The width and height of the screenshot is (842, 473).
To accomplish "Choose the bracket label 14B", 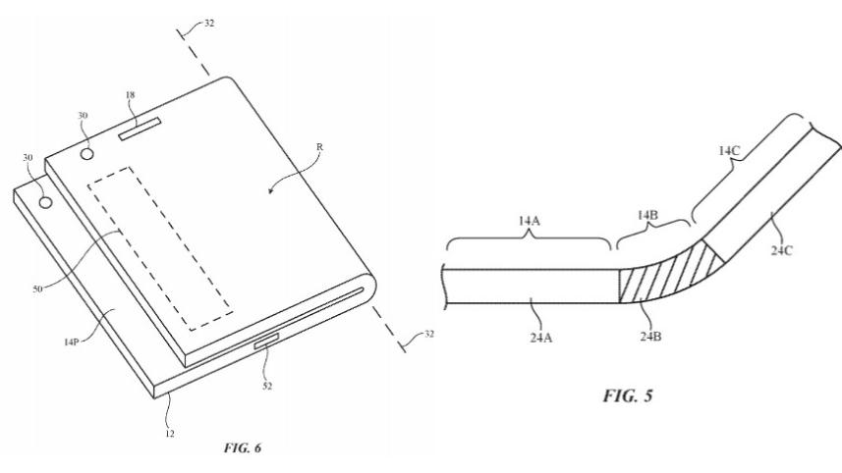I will click(644, 213).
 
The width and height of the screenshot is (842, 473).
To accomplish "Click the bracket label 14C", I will click(728, 152).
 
